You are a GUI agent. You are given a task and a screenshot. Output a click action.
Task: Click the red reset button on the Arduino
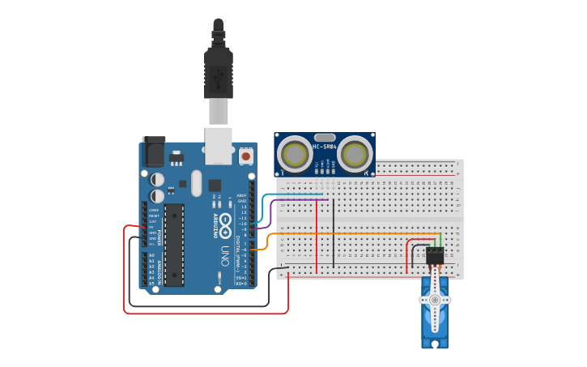click(x=245, y=154)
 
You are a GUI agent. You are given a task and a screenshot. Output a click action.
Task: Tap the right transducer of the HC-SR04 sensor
click(x=354, y=153)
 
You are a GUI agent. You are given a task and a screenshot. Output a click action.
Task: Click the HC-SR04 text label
click(x=324, y=147)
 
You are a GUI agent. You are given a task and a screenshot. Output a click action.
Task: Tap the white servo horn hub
click(x=435, y=300)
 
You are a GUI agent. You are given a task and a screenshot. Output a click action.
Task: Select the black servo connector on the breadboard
click(x=435, y=256)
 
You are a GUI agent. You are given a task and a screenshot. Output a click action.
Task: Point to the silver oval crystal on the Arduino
click(x=196, y=184)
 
